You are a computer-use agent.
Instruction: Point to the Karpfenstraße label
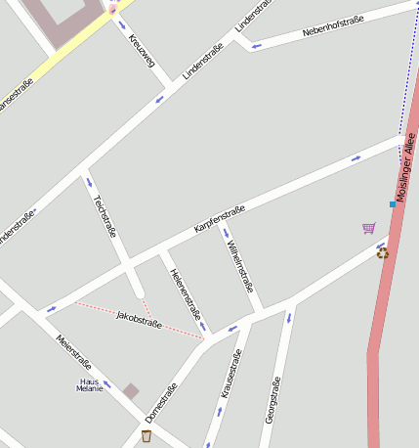pos(219,218)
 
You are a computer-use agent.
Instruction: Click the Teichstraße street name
pos(105,216)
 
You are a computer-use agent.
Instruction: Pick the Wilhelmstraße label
pos(240,267)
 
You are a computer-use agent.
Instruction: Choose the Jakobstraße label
pos(138,318)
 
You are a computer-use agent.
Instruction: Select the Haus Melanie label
pos(89,384)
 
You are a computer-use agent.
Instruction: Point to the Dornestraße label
pos(160,403)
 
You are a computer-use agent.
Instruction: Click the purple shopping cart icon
pos(368,228)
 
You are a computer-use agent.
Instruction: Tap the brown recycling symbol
pos(383,252)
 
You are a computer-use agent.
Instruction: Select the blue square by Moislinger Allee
pos(393,204)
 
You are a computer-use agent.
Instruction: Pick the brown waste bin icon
pos(147,435)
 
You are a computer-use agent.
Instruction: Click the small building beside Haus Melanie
pos(131,391)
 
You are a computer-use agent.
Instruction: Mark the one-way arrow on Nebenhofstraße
pos(256,45)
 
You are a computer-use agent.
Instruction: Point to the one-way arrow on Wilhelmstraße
pos(226,233)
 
